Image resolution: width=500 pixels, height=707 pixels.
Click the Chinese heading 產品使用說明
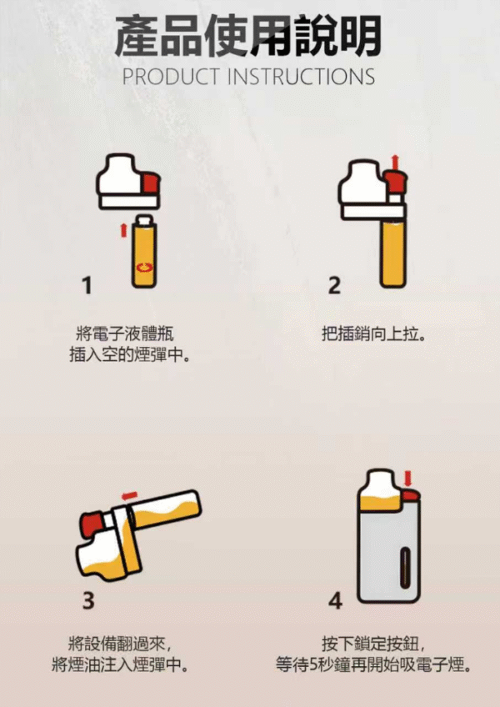[248, 36]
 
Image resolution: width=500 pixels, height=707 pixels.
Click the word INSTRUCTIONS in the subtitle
[302, 77]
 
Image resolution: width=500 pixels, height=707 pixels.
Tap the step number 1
[87, 286]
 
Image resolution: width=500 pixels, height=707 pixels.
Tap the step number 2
[334, 286]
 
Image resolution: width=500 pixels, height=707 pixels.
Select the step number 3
[88, 599]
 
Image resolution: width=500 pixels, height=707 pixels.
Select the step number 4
[335, 599]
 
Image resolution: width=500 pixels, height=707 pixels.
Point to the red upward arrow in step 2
[395, 159]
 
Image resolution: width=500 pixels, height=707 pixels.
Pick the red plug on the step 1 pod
[150, 182]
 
